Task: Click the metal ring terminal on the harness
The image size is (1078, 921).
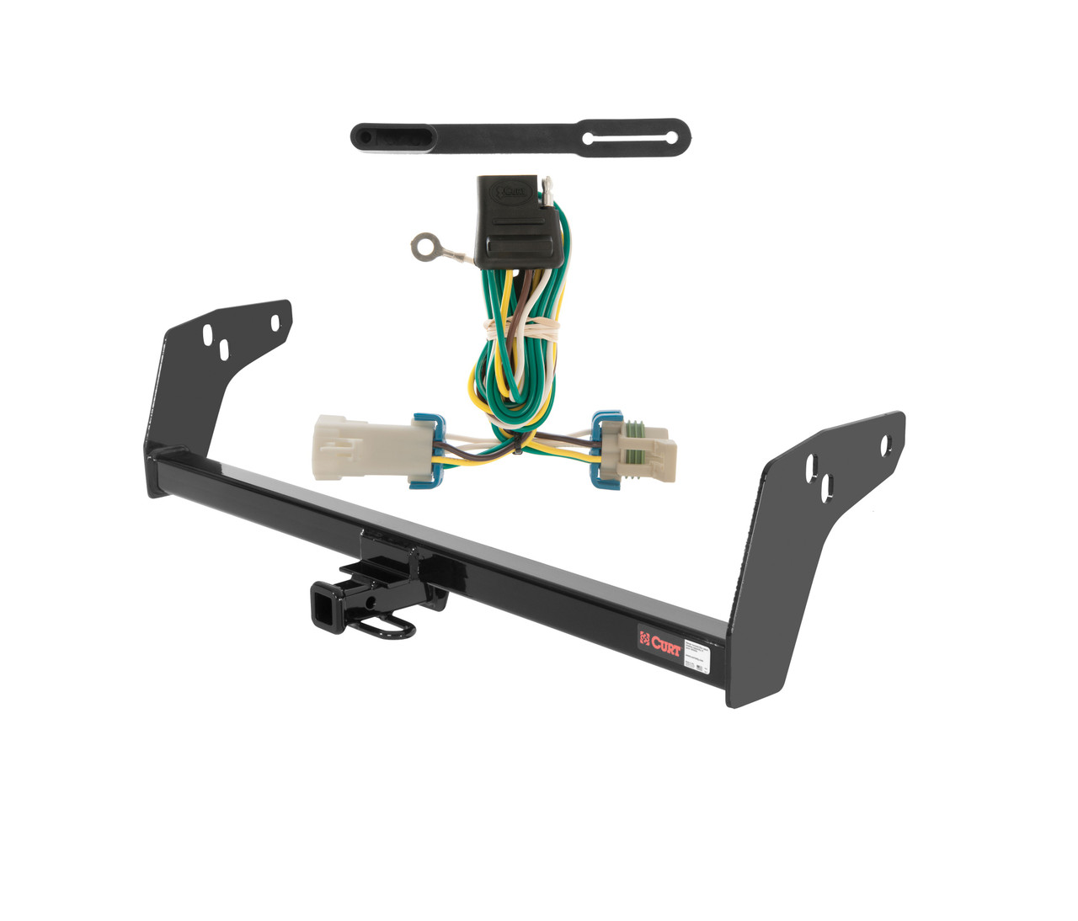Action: coord(419,245)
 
